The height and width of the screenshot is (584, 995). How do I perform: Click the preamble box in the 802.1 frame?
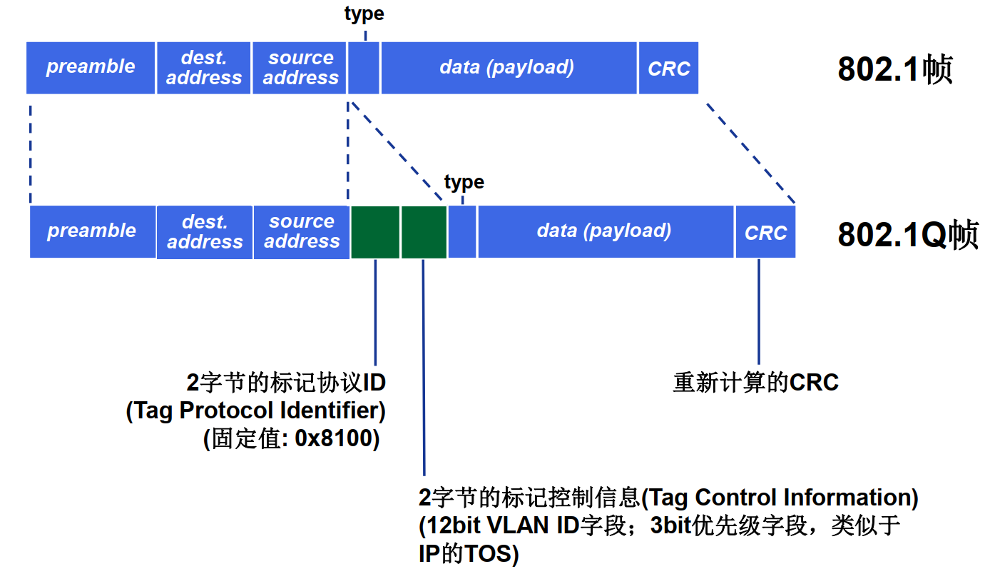point(91,68)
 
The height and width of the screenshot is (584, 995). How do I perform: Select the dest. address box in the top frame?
point(203,68)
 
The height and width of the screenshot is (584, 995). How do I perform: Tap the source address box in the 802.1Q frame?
point(301,232)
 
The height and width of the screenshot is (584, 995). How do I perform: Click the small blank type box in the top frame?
point(364,68)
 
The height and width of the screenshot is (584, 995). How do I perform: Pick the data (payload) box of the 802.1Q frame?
point(605,232)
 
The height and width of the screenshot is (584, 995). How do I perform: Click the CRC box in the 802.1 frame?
point(668,68)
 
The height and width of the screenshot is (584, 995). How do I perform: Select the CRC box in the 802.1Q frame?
point(765,232)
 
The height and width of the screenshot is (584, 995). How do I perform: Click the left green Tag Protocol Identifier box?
point(374,232)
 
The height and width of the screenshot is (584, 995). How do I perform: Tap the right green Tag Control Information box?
point(424,232)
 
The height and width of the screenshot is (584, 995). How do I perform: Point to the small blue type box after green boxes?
point(462,232)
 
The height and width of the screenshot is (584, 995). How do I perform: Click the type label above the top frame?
point(364,14)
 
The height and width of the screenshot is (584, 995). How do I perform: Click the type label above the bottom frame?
point(464,182)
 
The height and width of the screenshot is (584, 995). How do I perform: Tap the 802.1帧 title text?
point(895,70)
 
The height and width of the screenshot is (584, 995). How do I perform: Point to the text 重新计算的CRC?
point(755,383)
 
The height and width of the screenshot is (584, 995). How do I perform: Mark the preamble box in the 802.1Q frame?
point(91,232)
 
